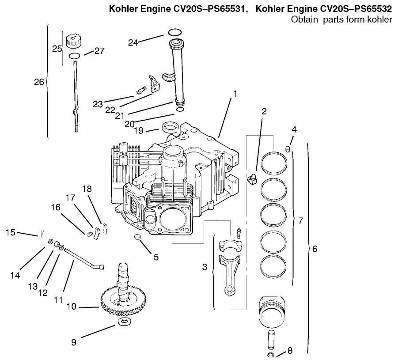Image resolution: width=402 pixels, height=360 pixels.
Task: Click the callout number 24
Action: (133, 42)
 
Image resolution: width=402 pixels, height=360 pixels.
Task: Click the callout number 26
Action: (39, 82)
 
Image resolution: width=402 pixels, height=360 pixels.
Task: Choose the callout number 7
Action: (300, 220)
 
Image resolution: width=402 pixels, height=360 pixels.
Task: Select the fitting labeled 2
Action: (252, 180)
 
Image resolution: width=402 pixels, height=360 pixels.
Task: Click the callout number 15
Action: (11, 232)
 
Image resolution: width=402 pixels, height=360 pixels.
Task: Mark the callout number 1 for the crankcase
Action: (235, 94)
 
